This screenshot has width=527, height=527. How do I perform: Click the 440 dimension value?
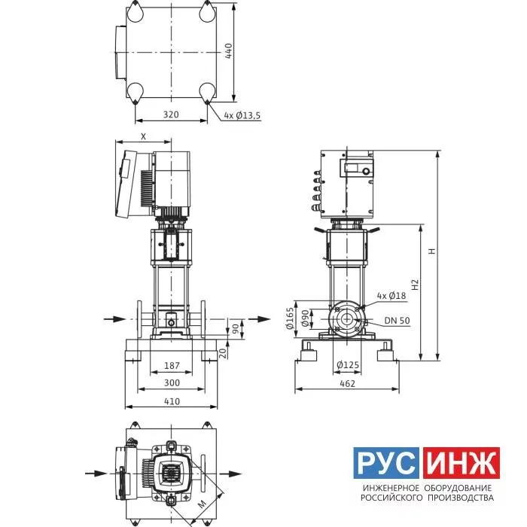tap(228, 51)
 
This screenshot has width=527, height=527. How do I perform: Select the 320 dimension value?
tap(171, 114)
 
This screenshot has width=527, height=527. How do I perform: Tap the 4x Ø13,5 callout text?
tap(242, 116)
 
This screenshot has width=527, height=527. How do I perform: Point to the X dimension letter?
tap(144, 136)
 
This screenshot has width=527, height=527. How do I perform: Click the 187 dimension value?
tap(172, 365)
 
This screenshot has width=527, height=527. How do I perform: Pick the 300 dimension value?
tap(172, 382)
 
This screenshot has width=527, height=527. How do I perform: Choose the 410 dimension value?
tap(172, 401)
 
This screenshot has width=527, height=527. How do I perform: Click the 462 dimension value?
tap(347, 383)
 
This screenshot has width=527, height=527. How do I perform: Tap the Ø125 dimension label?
tap(348, 364)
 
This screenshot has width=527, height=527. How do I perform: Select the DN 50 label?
tap(398, 321)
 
